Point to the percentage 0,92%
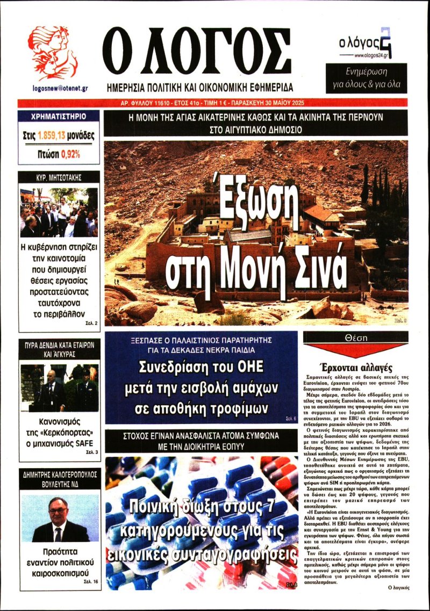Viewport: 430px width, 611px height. tap(70, 154)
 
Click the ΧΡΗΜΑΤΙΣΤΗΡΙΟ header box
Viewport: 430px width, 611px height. tap(59, 116)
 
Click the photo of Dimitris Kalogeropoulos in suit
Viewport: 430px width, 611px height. tap(59, 516)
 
